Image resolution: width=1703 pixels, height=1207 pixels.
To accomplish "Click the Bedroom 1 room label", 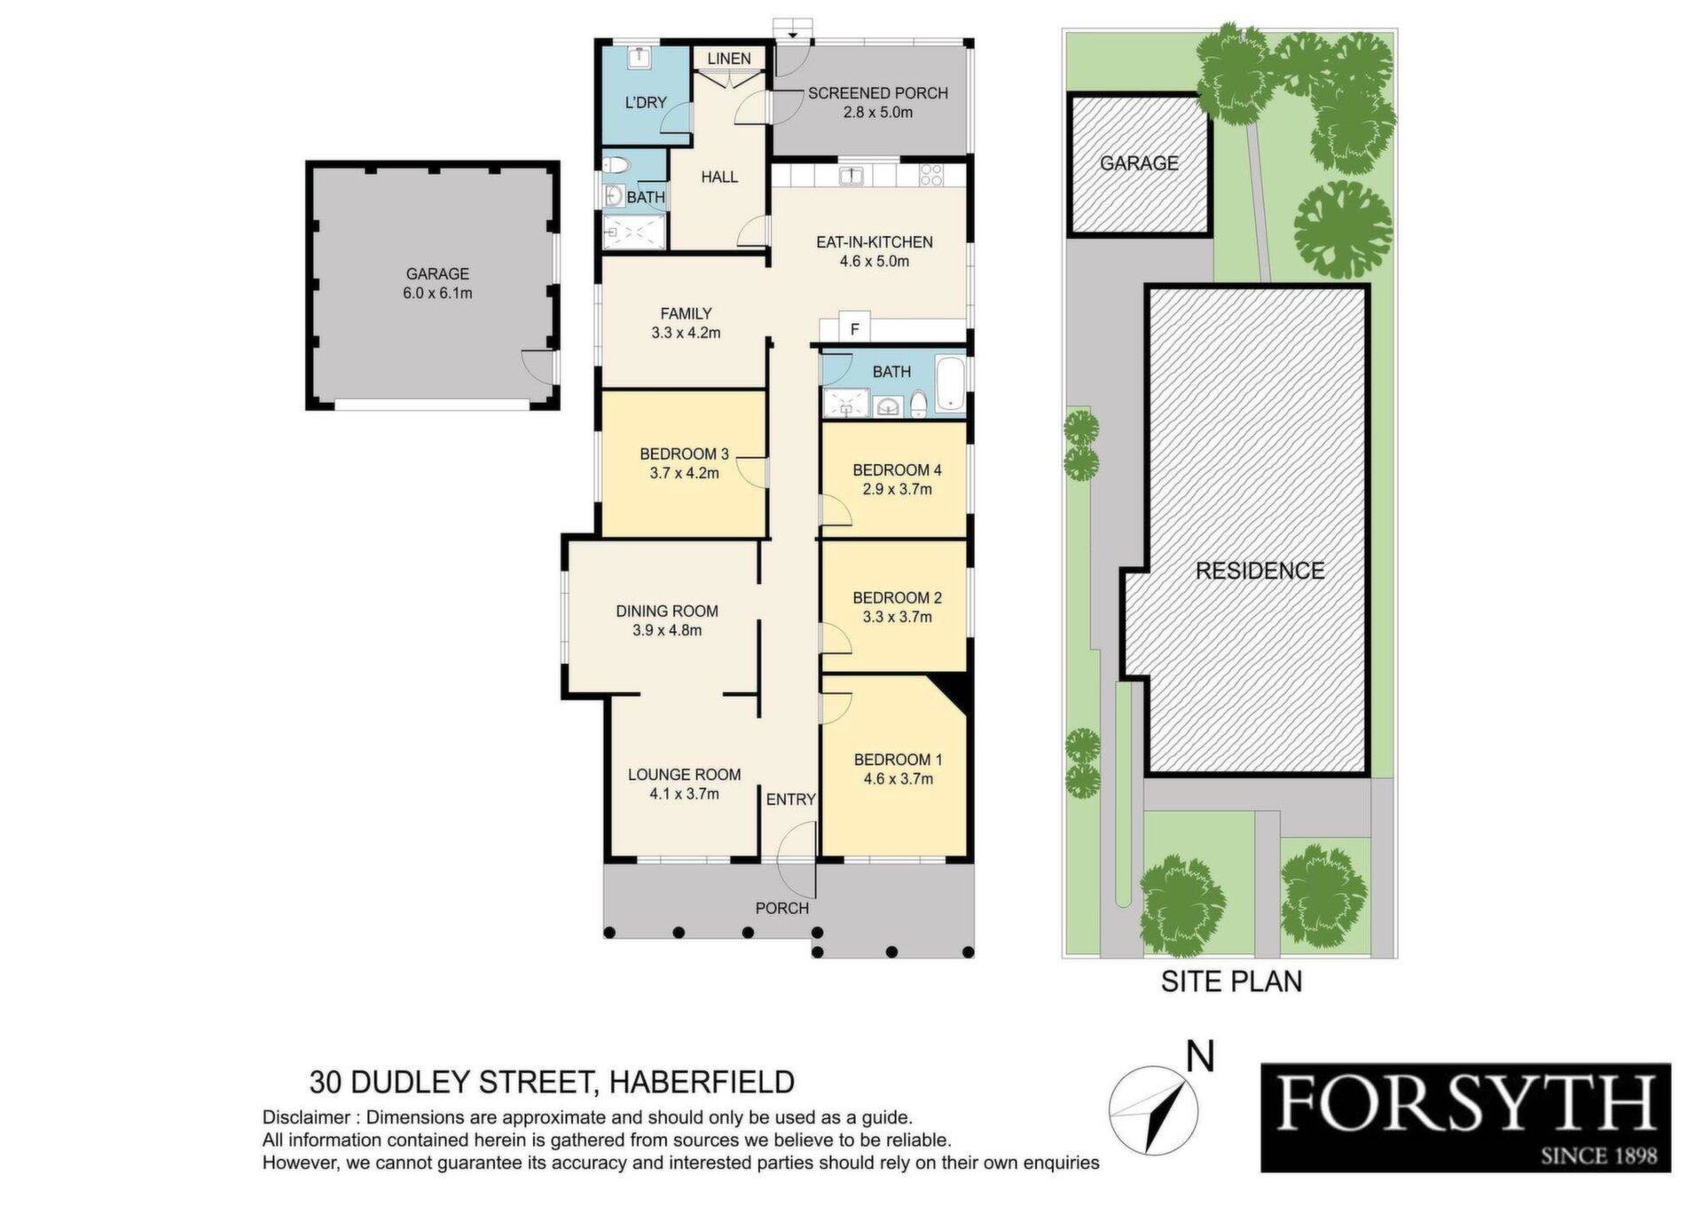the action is (898, 760).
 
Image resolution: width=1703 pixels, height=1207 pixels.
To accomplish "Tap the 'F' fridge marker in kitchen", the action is (855, 329).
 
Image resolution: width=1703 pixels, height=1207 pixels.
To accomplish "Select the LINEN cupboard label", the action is (729, 59).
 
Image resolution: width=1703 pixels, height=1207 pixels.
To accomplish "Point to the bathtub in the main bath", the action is (949, 384).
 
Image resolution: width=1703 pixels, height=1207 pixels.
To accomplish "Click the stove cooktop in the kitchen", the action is (930, 175).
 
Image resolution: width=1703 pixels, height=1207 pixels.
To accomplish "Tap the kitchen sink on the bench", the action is (851, 175).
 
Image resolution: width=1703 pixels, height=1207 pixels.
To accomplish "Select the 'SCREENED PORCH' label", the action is (877, 93).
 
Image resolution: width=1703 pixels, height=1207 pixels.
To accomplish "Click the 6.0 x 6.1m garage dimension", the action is (437, 293).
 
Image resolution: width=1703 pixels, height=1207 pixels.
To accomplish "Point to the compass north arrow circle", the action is (1152, 1109).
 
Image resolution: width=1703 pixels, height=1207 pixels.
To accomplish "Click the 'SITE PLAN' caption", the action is (1231, 982).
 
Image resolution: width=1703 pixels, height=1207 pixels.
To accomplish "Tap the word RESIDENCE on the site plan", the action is (1260, 571).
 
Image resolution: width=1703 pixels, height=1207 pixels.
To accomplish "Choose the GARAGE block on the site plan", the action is (1140, 164).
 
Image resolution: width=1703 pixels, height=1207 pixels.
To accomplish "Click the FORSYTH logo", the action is (1465, 1117).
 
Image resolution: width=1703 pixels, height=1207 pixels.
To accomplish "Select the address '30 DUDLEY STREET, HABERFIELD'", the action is (552, 1083).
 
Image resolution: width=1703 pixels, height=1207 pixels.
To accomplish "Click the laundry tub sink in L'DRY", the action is (640, 58).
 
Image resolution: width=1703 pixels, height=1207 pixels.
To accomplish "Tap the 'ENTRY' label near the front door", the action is (790, 800).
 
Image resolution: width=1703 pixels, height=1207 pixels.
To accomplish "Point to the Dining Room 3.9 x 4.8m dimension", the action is (667, 631).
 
